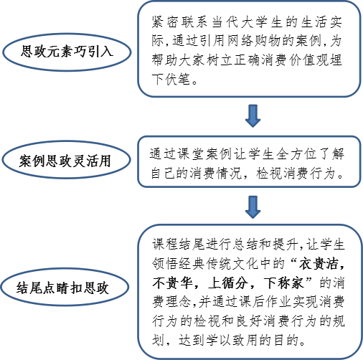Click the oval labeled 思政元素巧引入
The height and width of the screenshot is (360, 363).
pos(67,52)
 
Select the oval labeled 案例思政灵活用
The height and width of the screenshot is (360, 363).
pos(66,160)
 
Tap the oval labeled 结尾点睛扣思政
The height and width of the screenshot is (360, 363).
pos(65,287)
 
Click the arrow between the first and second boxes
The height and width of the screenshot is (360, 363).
pos(253,115)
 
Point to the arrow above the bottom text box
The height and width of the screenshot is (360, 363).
pos(253,207)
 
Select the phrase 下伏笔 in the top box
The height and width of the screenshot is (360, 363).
pos(171,79)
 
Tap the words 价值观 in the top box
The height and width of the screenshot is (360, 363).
pos(308,60)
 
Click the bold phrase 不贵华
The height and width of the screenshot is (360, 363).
pos(172,283)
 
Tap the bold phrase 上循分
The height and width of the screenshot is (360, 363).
pos(227,283)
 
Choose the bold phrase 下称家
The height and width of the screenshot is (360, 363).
pos(283,283)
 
